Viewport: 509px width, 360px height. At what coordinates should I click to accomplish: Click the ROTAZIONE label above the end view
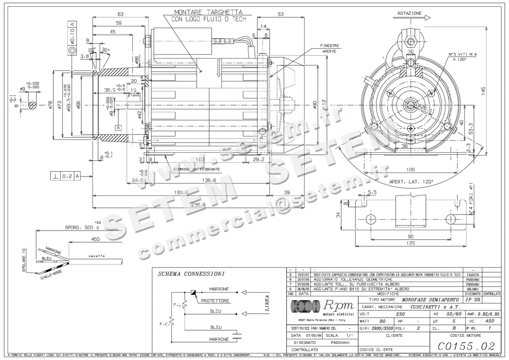(409, 14)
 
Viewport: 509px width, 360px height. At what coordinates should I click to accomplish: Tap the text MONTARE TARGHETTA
(208, 12)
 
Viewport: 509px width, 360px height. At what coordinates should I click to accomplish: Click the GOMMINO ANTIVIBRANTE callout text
(196, 169)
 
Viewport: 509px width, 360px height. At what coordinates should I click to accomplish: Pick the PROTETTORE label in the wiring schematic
(215, 301)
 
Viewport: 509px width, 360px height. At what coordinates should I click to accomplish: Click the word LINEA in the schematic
(267, 303)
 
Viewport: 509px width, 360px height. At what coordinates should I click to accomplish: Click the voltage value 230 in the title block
(400, 314)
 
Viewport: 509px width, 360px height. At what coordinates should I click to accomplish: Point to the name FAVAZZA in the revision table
(473, 275)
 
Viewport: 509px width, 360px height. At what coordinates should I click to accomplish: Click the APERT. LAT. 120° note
(411, 182)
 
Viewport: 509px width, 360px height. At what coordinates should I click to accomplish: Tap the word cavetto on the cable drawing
(96, 256)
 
